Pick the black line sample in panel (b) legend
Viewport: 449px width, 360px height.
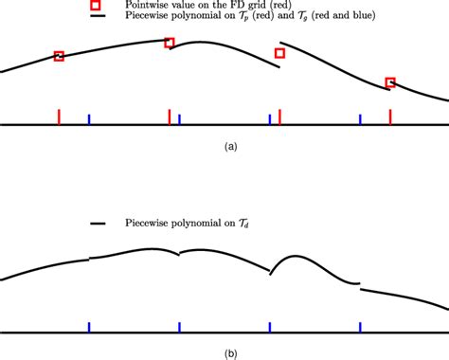(x=97, y=225)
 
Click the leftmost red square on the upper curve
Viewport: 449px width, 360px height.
(x=59, y=57)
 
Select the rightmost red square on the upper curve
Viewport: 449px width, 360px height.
(x=390, y=82)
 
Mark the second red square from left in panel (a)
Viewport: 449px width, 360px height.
(x=170, y=43)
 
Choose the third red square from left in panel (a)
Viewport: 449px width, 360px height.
(x=279, y=53)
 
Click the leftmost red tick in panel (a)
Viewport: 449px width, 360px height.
(x=59, y=117)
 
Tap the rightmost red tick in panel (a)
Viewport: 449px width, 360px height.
(x=390, y=117)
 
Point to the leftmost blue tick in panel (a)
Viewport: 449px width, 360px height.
(x=89, y=119)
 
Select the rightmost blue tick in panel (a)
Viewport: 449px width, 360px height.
(x=360, y=119)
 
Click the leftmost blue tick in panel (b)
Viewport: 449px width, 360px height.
(x=89, y=326)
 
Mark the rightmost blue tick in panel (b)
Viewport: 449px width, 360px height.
(x=360, y=326)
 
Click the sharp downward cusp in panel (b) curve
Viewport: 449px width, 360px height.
(x=270, y=274)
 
